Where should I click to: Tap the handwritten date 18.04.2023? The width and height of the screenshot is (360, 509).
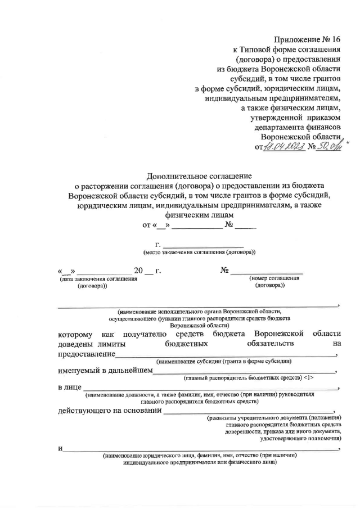(x=287, y=147)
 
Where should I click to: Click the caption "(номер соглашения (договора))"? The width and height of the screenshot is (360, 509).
(x=270, y=282)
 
